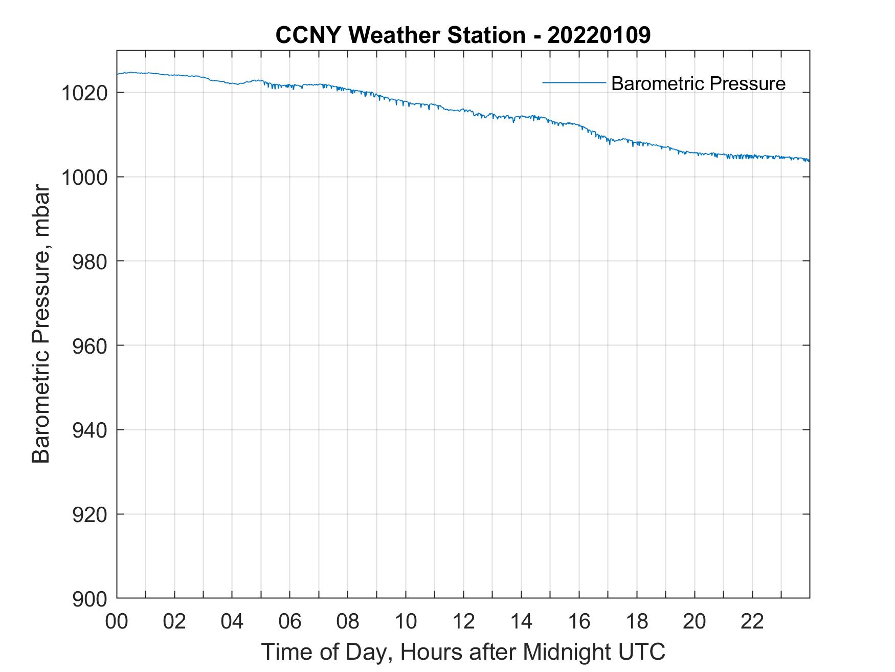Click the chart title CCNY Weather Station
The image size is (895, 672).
point(400,35)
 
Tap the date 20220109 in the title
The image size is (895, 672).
point(599,35)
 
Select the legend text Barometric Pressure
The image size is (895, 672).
point(698,83)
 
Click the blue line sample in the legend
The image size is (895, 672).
point(574,82)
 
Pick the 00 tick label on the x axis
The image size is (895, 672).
point(117,621)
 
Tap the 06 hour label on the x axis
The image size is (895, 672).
point(290,621)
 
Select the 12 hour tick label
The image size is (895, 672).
point(463,621)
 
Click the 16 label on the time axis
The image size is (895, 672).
point(579,621)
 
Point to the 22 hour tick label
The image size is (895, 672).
point(752,621)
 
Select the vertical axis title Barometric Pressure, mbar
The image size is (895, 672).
point(41,324)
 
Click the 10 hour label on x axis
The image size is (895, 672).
point(406,621)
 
